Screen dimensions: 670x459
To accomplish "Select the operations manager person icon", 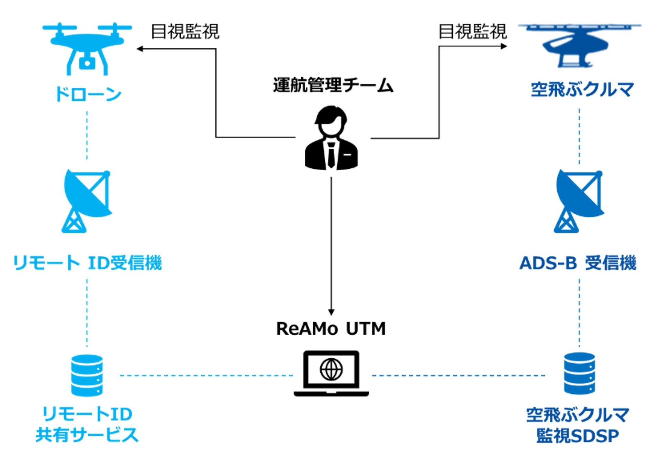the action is [331, 138].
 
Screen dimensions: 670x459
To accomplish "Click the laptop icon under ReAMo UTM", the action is [331, 373].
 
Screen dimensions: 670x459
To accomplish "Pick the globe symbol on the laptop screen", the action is [331, 370].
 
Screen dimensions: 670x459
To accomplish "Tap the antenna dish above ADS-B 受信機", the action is [579, 201].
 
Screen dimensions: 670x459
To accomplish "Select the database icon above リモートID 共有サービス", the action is [87, 376].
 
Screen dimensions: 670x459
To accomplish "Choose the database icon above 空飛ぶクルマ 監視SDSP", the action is [580, 373].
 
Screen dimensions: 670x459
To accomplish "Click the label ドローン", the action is [88, 94].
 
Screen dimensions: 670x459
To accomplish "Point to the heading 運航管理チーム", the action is [333, 85].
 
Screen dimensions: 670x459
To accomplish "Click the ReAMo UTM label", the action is [331, 328].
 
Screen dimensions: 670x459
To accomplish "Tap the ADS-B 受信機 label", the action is [578, 263].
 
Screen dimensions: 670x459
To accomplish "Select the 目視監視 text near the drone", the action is [185, 32].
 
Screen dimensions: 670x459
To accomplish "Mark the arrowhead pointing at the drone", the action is [139, 49].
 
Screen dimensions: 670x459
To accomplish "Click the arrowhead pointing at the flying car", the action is [504, 46].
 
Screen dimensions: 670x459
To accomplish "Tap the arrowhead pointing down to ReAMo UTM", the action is [331, 312].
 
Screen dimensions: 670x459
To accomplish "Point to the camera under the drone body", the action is [87, 62].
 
